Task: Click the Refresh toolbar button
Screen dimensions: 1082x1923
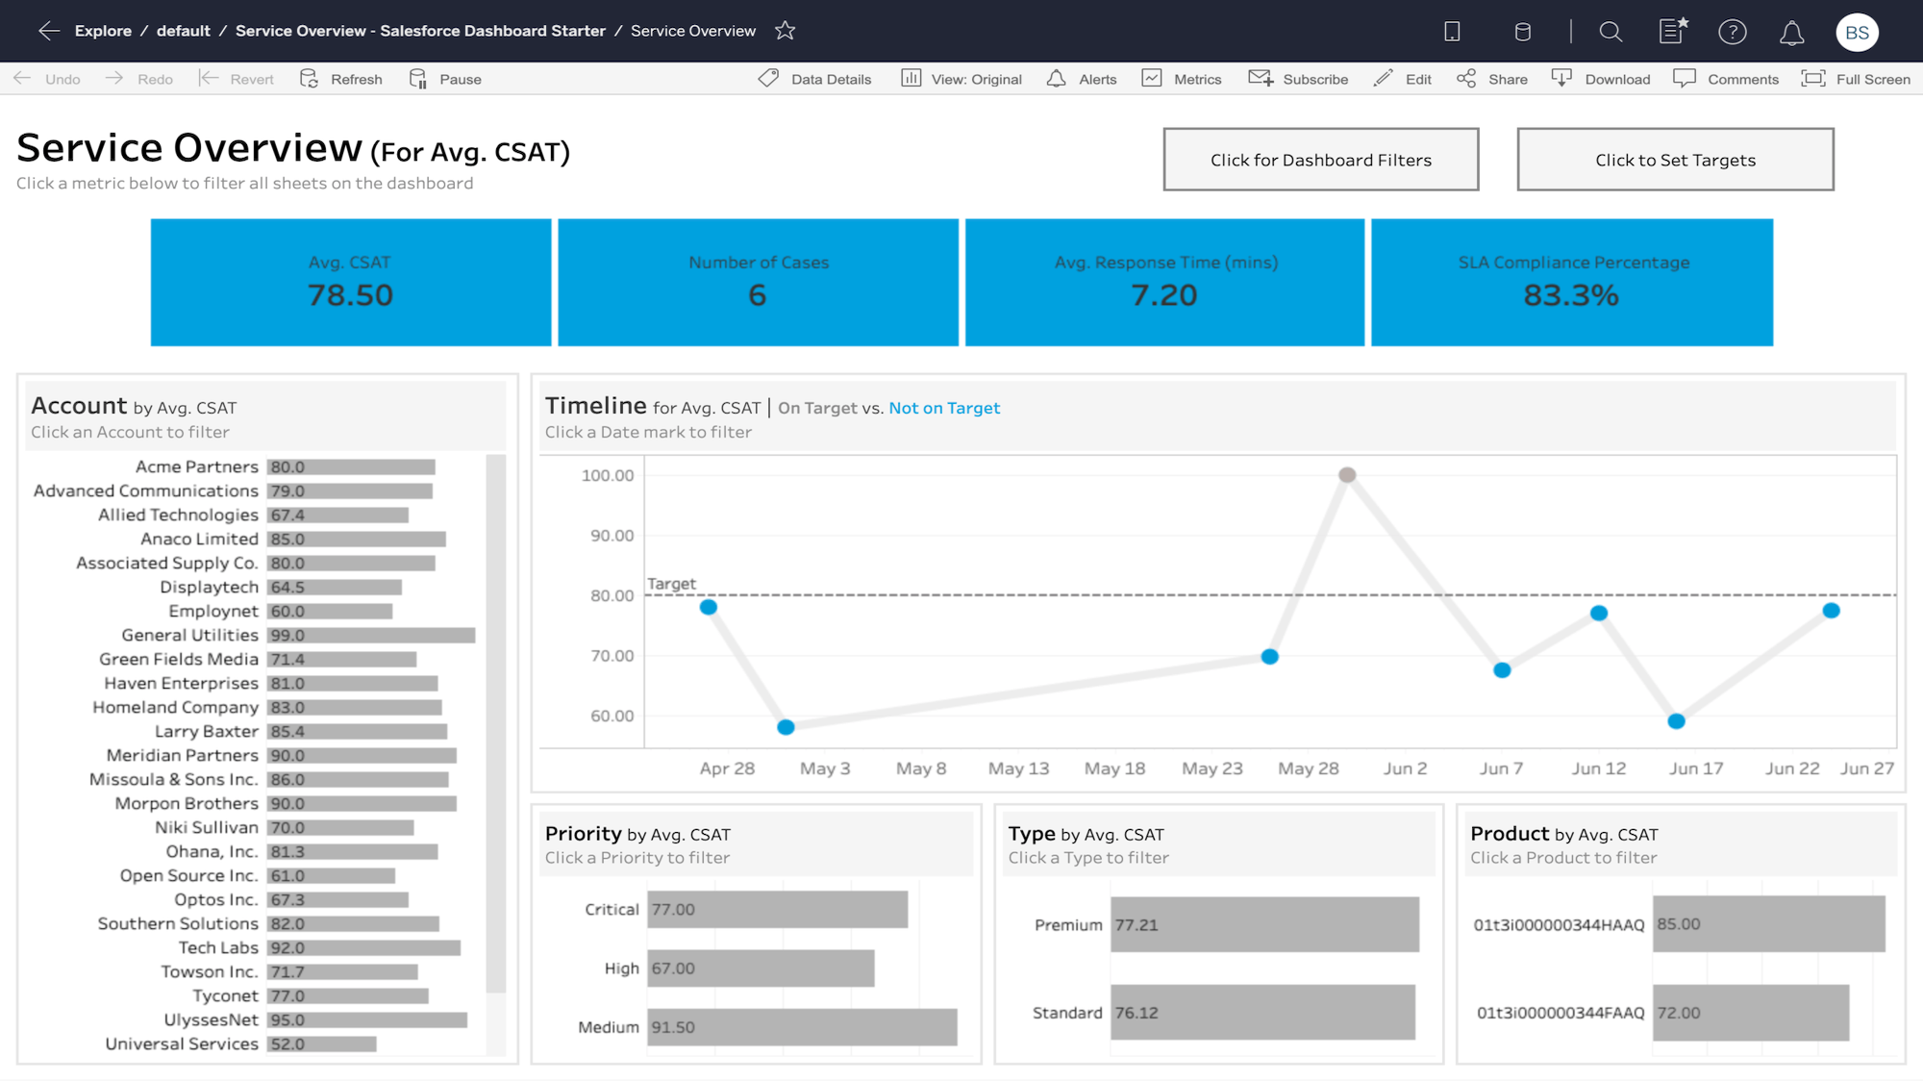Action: click(341, 79)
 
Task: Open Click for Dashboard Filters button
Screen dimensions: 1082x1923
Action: click(1320, 160)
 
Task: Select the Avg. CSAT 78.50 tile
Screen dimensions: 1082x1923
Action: click(351, 282)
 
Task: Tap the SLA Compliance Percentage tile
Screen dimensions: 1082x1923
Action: click(1572, 282)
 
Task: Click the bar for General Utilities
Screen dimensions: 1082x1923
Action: click(371, 636)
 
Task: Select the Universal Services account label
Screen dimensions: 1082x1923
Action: click(182, 1044)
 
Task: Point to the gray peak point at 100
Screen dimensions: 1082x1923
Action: click(1347, 475)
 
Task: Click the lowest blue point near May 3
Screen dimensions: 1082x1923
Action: click(786, 727)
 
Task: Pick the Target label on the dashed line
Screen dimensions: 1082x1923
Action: click(671, 584)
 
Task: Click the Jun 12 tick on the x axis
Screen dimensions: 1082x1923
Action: click(1598, 768)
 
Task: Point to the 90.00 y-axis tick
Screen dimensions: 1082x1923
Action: click(612, 536)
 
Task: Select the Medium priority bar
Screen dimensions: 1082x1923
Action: click(802, 1027)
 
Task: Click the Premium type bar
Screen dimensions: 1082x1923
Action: click(1264, 925)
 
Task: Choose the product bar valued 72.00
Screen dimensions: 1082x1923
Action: click(1750, 1013)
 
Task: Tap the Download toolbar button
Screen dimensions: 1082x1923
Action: click(1601, 79)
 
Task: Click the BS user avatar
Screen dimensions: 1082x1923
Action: click(1857, 32)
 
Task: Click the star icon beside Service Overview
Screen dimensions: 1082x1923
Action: click(786, 31)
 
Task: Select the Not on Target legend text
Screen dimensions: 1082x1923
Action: click(944, 408)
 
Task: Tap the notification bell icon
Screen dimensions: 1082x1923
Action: click(1791, 33)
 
